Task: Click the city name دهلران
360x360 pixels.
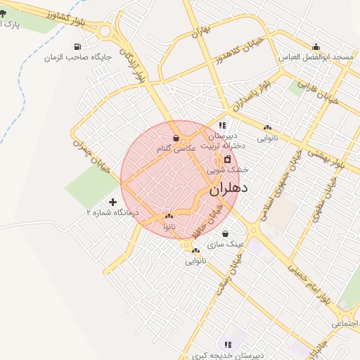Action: pyautogui.click(x=229, y=188)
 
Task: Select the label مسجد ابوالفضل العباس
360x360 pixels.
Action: pyautogui.click(x=316, y=56)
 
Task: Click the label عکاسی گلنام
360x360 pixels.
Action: pyautogui.click(x=176, y=148)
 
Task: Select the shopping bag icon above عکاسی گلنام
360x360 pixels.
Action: pyautogui.click(x=176, y=139)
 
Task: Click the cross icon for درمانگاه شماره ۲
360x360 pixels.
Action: pyautogui.click(x=112, y=202)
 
